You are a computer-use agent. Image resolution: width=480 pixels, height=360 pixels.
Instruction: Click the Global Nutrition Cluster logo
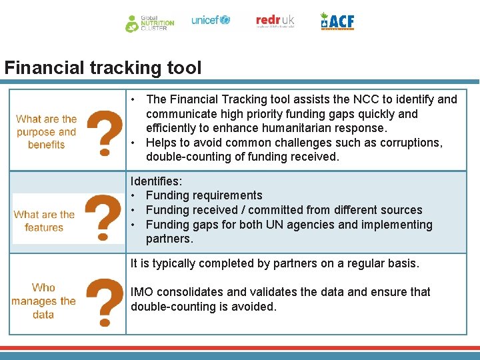pos(150,23)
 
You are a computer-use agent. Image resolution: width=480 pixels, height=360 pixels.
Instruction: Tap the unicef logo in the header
pos(210,21)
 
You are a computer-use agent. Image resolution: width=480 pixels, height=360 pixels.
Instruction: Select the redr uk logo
pos(275,21)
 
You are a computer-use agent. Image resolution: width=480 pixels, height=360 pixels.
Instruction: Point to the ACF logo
pos(337,21)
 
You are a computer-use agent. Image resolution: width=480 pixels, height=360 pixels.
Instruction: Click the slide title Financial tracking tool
pos(103,68)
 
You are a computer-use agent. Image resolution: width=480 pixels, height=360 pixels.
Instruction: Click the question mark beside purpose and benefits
pos(105,133)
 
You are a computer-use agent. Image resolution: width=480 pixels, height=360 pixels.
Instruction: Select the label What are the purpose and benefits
pos(46,132)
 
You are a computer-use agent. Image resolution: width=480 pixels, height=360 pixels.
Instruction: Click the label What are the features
pos(44,221)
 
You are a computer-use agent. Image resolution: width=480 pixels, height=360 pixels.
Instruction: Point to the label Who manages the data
pos(43,301)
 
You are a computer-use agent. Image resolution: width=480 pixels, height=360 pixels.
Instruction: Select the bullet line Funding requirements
pos(203,195)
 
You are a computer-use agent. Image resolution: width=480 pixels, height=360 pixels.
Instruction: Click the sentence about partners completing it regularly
pos(275,263)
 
